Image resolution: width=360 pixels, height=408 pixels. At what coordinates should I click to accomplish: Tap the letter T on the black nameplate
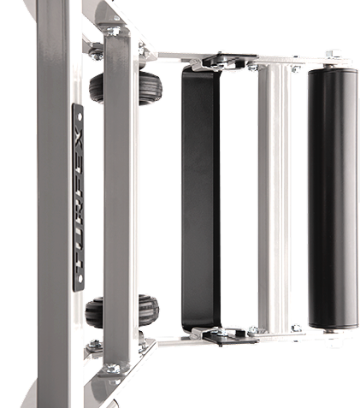click(79, 261)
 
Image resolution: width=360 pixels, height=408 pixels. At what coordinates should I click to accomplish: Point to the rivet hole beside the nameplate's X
click(80, 117)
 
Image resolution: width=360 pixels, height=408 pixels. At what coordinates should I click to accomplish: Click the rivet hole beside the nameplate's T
click(80, 278)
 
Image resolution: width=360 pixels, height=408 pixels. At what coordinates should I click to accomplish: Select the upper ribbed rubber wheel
click(126, 88)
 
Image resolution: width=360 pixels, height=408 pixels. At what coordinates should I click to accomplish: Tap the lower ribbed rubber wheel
click(122, 310)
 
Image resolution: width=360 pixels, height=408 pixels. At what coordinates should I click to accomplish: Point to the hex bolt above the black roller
click(333, 54)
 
